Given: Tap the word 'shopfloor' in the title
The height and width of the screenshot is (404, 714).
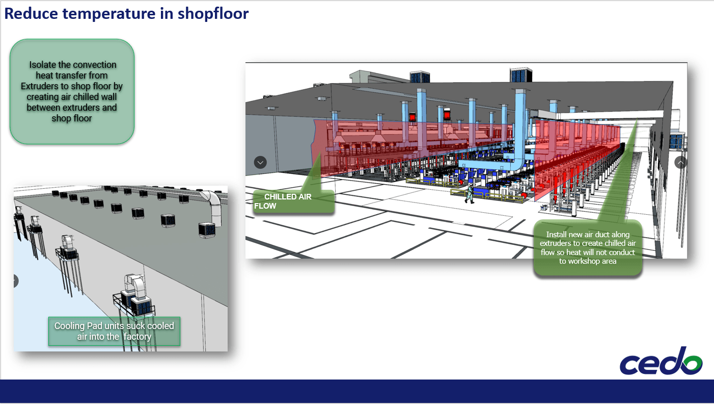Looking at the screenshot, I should click(x=213, y=13).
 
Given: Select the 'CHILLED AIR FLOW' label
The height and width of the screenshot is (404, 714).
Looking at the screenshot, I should click(x=293, y=201).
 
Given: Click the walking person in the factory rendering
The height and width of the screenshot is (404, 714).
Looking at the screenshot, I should click(x=469, y=194).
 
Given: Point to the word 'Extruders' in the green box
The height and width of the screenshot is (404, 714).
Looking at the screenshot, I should click(x=41, y=86).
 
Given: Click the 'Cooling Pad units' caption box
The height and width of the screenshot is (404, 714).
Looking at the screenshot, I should click(x=114, y=331).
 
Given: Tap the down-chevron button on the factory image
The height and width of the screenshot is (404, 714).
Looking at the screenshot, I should click(x=260, y=163).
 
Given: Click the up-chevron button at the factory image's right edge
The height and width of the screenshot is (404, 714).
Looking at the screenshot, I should click(x=680, y=163).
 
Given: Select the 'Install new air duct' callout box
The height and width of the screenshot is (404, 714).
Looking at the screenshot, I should click(x=588, y=248).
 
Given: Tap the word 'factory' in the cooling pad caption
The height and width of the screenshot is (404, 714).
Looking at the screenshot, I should click(x=136, y=337).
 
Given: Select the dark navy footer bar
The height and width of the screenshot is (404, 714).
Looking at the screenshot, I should click(x=356, y=391).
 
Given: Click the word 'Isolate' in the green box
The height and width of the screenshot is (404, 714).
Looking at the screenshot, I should click(x=43, y=65).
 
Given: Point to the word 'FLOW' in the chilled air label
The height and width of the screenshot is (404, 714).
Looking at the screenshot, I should click(x=265, y=206).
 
